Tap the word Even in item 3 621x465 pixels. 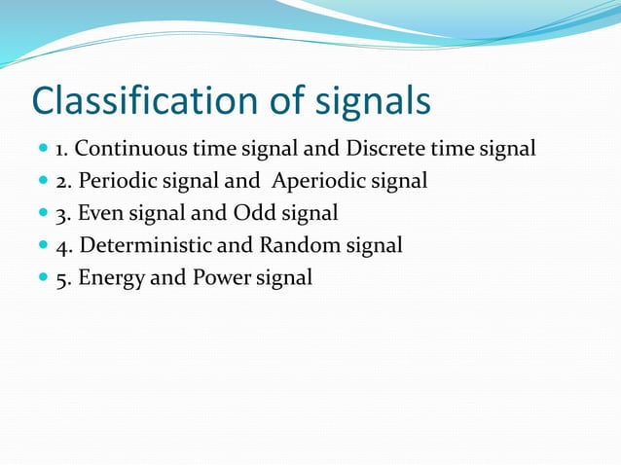(x=100, y=214)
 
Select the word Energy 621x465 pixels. (x=111, y=278)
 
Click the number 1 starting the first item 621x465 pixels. (x=59, y=151)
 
